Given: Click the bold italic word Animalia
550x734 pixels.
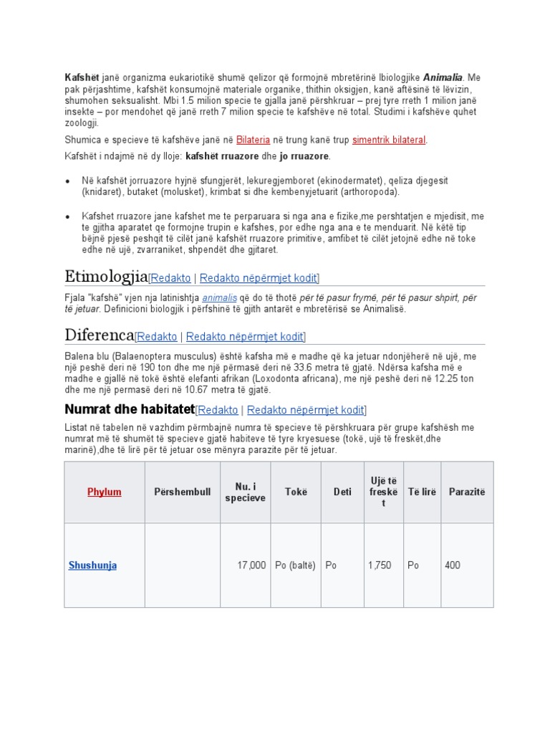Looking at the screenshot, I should click(x=443, y=77).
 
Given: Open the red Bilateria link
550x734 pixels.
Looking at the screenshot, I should click(x=255, y=140).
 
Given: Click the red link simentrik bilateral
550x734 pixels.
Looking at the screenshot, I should click(x=389, y=140).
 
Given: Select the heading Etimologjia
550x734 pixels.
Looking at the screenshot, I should click(x=106, y=276).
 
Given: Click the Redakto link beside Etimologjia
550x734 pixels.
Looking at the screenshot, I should click(x=172, y=277).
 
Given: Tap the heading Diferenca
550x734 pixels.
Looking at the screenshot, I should click(x=100, y=335).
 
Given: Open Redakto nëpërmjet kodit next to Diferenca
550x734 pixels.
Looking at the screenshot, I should click(x=245, y=336).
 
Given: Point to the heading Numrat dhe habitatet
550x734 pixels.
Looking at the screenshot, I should click(x=130, y=409).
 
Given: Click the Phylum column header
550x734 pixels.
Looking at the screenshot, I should click(x=105, y=492).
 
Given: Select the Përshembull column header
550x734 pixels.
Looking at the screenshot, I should click(x=182, y=492).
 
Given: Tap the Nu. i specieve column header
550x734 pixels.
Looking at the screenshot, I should click(x=245, y=492).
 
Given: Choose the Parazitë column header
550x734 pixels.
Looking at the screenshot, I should click(x=467, y=492).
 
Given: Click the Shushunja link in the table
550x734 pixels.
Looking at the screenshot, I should click(x=92, y=565).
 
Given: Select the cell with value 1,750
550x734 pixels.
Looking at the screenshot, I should click(x=380, y=565).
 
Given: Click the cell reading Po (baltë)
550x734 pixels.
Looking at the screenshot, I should click(x=295, y=565).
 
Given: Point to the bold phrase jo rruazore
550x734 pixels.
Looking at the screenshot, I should click(x=304, y=156).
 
